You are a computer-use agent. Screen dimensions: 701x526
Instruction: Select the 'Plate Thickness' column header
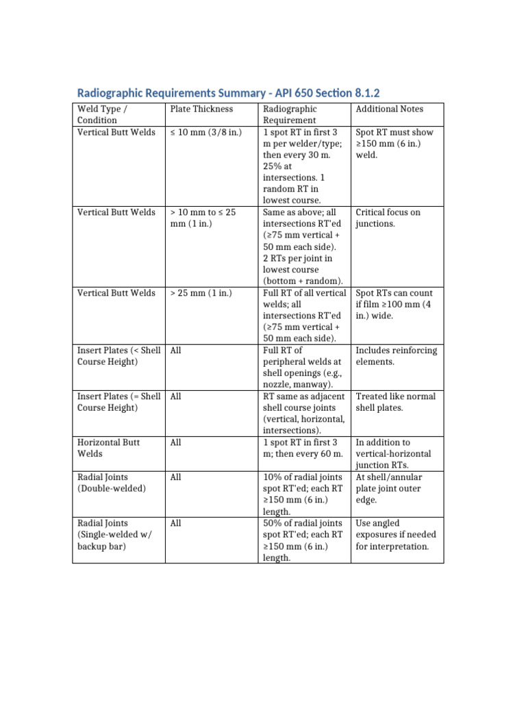tap(201, 109)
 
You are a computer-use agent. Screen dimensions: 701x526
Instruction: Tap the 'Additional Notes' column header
tap(389, 109)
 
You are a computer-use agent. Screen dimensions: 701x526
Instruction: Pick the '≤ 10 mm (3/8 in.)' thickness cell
tap(205, 132)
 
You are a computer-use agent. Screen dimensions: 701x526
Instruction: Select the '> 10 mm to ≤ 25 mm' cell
tap(203, 218)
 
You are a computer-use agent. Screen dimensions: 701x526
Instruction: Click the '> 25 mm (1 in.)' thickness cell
tap(201, 293)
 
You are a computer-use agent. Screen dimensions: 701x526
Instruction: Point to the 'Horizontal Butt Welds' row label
tap(109, 448)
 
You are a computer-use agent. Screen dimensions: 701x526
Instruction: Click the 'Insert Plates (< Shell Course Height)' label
tap(118, 356)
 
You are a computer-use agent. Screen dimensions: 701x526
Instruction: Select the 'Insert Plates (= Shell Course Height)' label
tap(118, 402)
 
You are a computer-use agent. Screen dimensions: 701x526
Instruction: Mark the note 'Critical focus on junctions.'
tap(388, 218)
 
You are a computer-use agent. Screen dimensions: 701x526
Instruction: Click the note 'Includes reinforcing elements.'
tap(396, 356)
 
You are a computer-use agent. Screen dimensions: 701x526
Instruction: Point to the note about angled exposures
tap(396, 535)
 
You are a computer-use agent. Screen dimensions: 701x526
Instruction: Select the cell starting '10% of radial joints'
tap(301, 494)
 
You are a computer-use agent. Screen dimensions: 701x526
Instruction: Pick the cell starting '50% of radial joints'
tap(301, 540)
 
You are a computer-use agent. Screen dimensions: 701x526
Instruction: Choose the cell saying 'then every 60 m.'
tap(302, 448)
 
